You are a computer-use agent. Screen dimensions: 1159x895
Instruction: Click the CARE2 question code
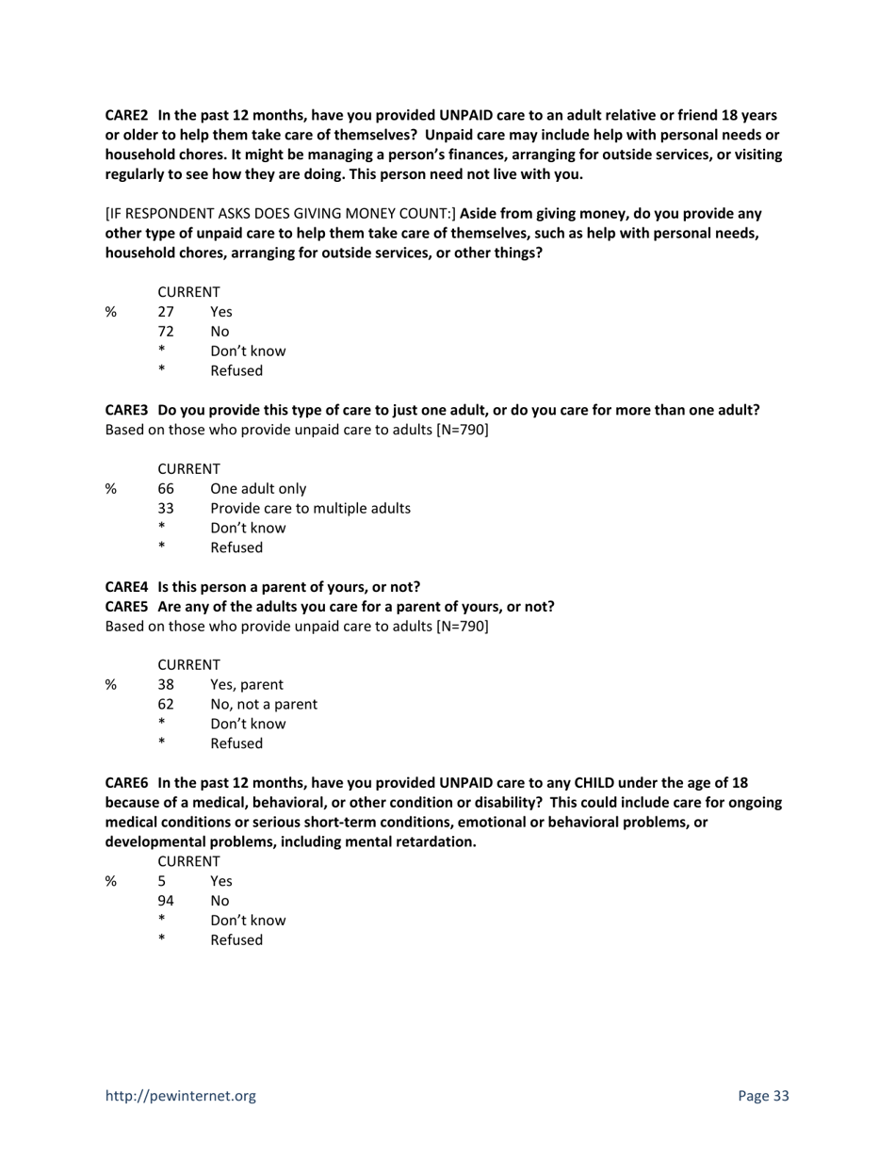click(x=126, y=115)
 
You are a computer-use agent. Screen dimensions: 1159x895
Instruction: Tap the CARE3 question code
click(x=126, y=411)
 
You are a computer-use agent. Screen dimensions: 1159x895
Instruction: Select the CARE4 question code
click(x=126, y=587)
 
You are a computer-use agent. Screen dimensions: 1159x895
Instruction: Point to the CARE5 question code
click(x=126, y=607)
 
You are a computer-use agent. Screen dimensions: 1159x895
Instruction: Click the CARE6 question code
click(x=126, y=783)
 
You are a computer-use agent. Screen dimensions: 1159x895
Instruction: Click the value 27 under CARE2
click(x=166, y=312)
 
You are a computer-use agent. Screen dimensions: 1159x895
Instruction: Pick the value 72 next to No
click(x=166, y=332)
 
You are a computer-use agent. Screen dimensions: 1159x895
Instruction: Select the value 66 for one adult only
click(x=166, y=489)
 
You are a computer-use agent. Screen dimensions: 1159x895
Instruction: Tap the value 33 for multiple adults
click(x=166, y=509)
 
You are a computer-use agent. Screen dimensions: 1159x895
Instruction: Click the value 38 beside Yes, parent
click(x=166, y=685)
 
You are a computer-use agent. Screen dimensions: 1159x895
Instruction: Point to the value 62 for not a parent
click(x=166, y=705)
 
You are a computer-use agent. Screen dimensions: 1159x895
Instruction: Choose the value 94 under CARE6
click(x=166, y=901)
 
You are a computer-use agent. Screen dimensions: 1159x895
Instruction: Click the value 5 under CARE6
click(x=162, y=881)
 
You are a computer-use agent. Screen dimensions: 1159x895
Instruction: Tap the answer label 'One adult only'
click(x=258, y=489)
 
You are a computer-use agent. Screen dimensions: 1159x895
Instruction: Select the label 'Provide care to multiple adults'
click(x=310, y=509)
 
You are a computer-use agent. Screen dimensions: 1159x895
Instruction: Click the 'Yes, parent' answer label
click(x=247, y=685)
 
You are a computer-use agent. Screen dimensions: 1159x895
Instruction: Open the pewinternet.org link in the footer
click(x=180, y=1096)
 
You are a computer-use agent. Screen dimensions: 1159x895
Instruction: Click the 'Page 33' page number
click(x=763, y=1096)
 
